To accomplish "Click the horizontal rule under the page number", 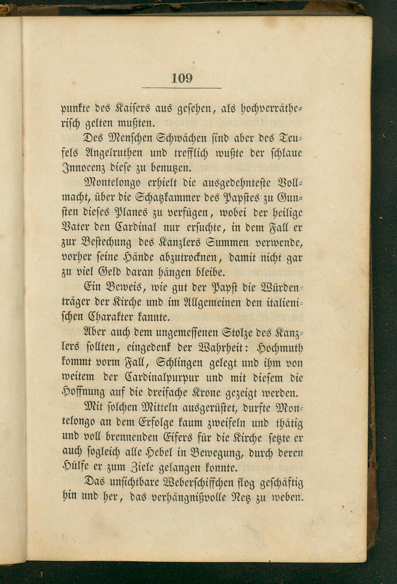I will click(181, 88).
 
